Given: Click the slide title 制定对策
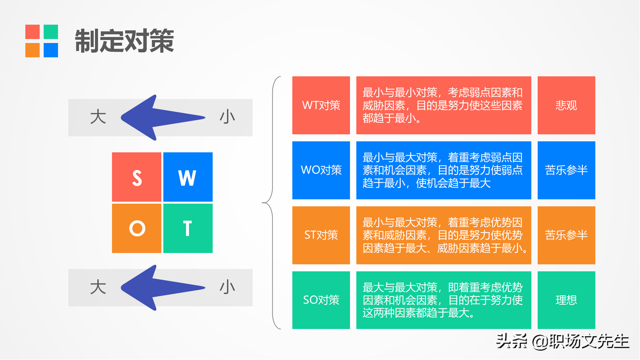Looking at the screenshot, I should point(124,41).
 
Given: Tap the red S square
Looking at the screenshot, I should point(137,177).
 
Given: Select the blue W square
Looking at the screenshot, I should point(188,177).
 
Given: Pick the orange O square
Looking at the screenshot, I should point(137,228).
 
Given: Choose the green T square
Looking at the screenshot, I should point(188,228).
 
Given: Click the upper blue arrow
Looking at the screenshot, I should point(160,118).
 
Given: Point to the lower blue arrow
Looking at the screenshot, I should point(160,288).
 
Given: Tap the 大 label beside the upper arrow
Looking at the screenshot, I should point(98,117).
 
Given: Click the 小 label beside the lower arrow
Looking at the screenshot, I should point(227,287).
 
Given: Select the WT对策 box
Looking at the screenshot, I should point(321,105).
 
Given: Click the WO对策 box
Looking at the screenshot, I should point(321,170).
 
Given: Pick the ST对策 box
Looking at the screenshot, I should point(321,235).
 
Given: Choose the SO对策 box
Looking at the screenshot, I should point(321,300).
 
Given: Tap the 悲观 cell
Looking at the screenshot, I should point(566,105).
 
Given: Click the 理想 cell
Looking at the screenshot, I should point(566,300).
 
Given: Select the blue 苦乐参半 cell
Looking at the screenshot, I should point(566,170).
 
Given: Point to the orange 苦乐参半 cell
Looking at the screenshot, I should point(566,235).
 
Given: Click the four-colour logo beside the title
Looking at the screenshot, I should point(42,41).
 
